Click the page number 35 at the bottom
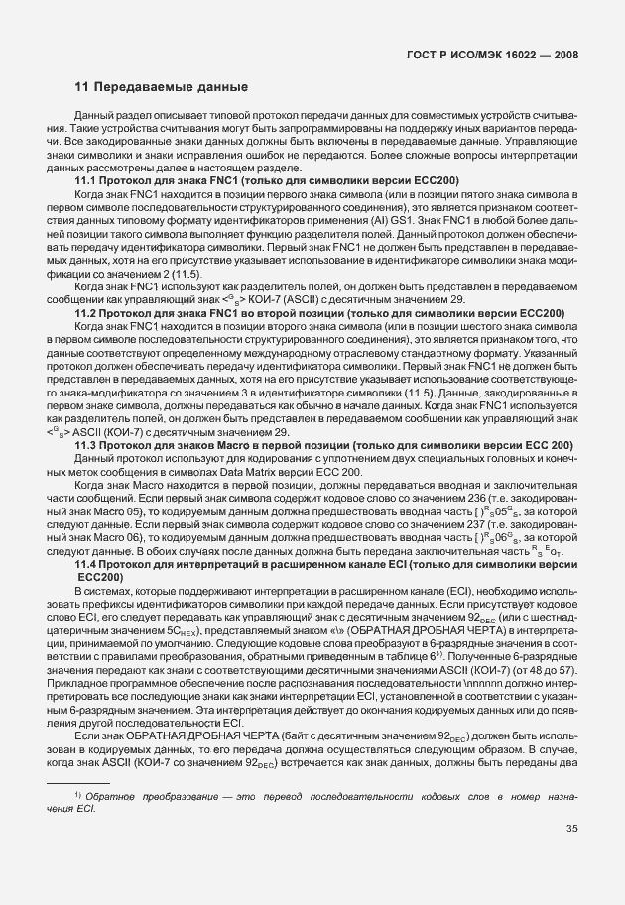pos(571,857)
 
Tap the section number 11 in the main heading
pos(82,88)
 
